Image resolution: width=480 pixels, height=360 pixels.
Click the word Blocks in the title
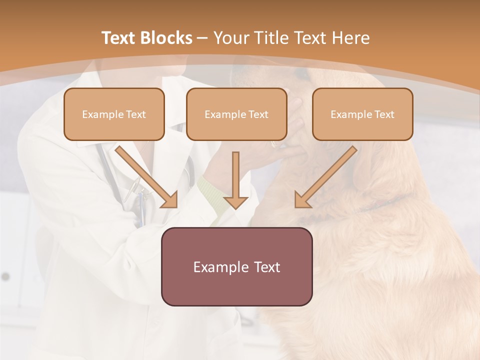pyautogui.click(x=166, y=38)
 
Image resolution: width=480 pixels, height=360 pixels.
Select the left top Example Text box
pyautogui.click(x=114, y=114)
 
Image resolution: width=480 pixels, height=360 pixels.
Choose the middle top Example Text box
pyautogui.click(x=236, y=114)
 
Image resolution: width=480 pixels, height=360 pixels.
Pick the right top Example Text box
pyautogui.click(x=362, y=114)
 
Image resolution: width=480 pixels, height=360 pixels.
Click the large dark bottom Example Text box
pyautogui.click(x=236, y=266)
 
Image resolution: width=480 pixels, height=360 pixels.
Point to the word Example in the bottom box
pyautogui.click(x=220, y=267)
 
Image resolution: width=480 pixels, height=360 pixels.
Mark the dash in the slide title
pyautogui.click(x=202, y=38)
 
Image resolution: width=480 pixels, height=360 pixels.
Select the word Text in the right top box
pyautogui.click(x=384, y=114)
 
